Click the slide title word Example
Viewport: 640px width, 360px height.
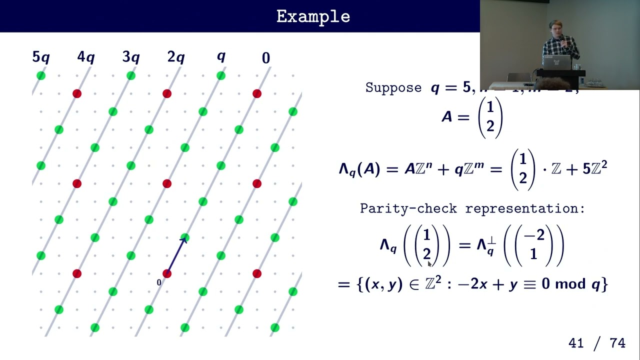[x=313, y=16]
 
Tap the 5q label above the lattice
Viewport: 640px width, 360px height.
[x=41, y=57]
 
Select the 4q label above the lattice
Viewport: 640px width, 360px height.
[x=86, y=57]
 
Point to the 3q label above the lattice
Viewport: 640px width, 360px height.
[x=131, y=57]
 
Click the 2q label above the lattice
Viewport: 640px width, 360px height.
[x=176, y=57]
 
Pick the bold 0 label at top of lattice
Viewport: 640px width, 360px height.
[x=266, y=58]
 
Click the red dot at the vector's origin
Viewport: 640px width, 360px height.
[x=167, y=273]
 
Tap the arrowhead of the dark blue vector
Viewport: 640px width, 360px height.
[x=183, y=240]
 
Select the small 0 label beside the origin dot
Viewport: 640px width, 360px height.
[x=159, y=282]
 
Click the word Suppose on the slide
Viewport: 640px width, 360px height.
[x=393, y=88]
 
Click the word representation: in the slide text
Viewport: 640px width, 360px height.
[x=524, y=208]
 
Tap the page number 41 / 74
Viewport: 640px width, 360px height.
[x=597, y=343]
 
